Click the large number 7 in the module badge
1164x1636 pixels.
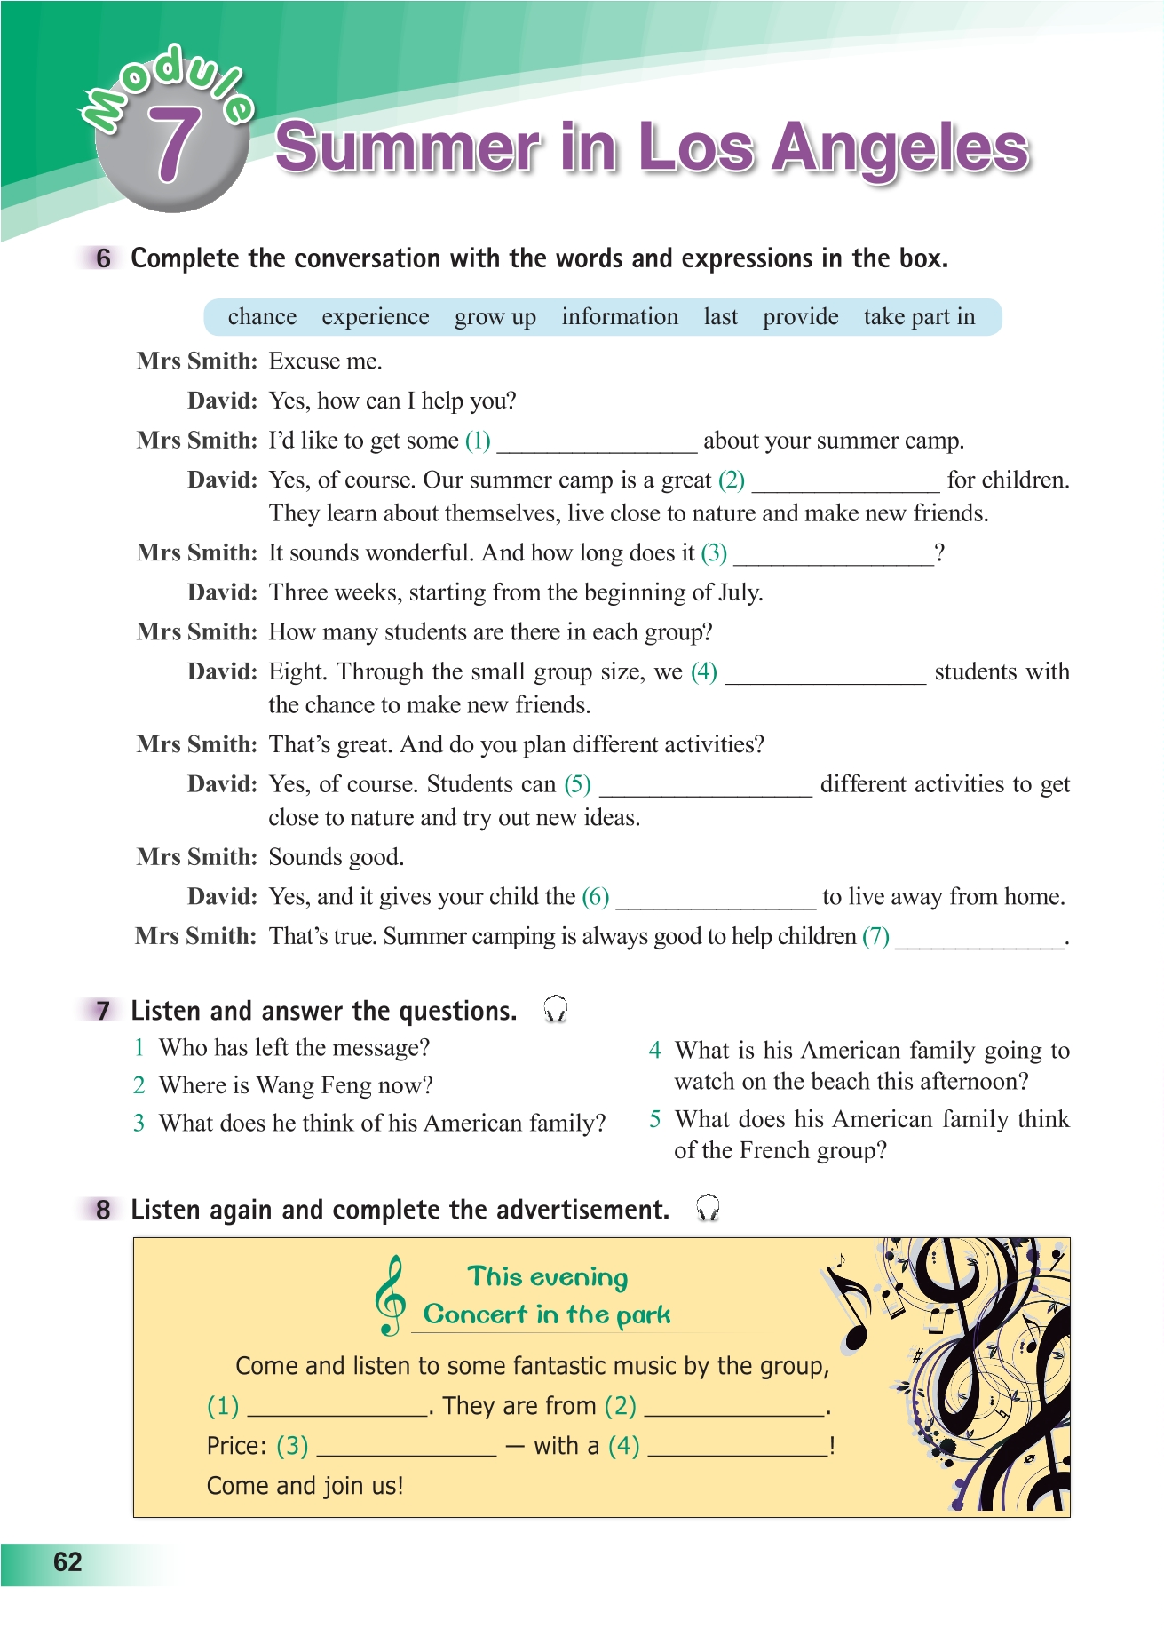(x=173, y=146)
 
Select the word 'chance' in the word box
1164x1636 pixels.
(x=262, y=317)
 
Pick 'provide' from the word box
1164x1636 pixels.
(x=800, y=317)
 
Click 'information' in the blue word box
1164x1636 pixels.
(x=619, y=317)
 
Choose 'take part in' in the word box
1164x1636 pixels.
(x=919, y=317)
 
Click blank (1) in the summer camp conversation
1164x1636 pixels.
(x=597, y=442)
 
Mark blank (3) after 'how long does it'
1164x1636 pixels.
(x=834, y=555)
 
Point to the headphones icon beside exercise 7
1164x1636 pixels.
(x=556, y=1009)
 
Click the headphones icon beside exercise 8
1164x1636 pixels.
(x=708, y=1208)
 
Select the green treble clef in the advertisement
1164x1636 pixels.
(x=390, y=1296)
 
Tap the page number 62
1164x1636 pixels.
(x=67, y=1562)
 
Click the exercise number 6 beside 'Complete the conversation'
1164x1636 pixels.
(x=104, y=258)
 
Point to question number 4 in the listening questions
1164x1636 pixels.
(x=654, y=1051)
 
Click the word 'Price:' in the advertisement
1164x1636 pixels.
(x=236, y=1446)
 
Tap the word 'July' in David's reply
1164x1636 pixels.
(x=739, y=592)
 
